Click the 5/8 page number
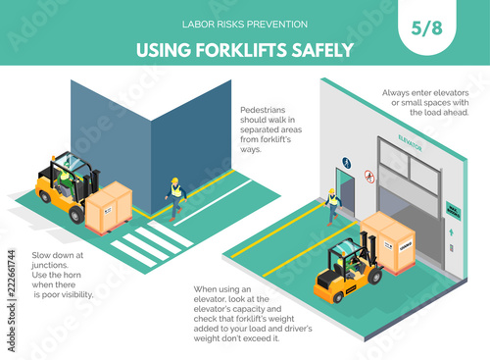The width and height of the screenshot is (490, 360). [x=426, y=28]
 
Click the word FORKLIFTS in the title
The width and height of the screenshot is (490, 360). [x=241, y=50]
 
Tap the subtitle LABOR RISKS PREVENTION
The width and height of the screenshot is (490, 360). [x=245, y=25]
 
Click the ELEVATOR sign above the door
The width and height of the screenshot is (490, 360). [x=411, y=143]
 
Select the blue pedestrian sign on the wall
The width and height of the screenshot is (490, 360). [x=347, y=163]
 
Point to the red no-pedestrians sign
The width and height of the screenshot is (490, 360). [x=369, y=177]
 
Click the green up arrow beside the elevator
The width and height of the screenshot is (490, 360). [x=451, y=232]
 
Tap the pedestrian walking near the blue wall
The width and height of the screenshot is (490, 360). [x=175, y=199]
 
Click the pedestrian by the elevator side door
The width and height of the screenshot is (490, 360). [x=332, y=207]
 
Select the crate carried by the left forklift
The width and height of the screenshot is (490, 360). [x=109, y=208]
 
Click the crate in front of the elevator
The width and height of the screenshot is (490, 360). [x=388, y=242]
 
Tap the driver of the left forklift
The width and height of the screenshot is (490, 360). [x=67, y=180]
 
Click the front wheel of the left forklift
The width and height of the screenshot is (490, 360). [x=76, y=215]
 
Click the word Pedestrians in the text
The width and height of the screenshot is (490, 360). [x=263, y=110]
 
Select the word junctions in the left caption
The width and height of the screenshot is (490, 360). [x=49, y=265]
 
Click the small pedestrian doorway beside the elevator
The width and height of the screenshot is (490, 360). [x=346, y=191]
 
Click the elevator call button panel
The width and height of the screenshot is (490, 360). [x=452, y=248]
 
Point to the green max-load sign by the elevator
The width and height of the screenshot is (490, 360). [x=454, y=211]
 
